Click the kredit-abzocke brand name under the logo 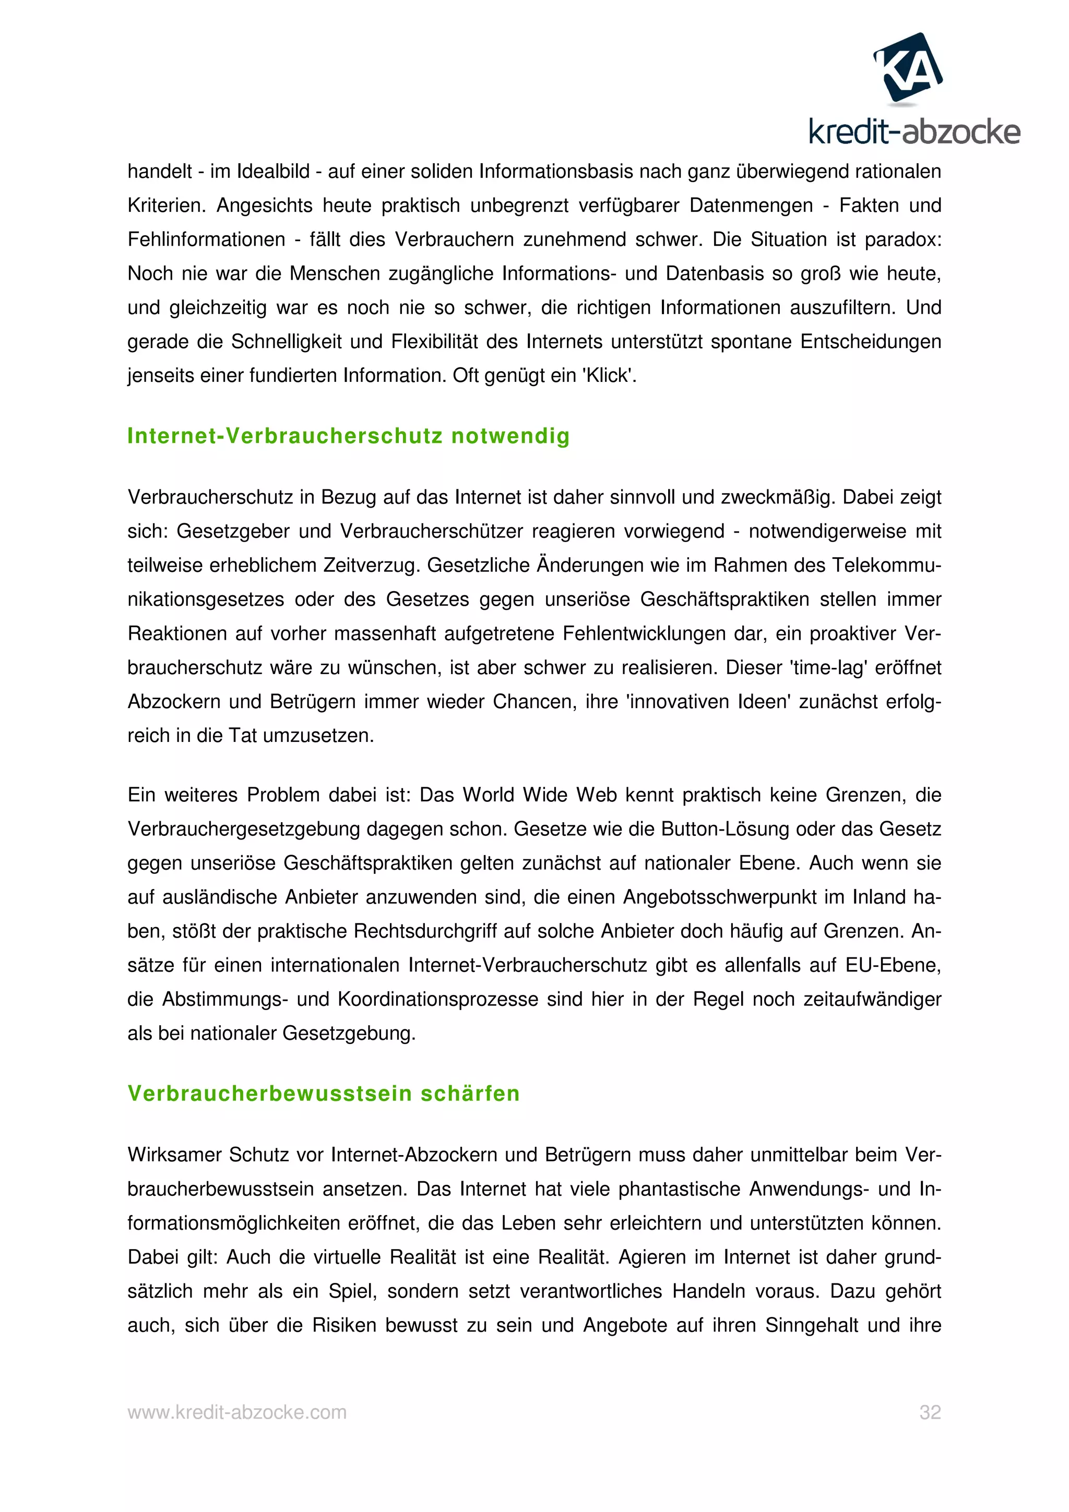coord(914,133)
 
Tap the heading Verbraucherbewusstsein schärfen coord(324,1094)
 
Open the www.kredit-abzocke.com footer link coord(237,1412)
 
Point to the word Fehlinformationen coord(206,239)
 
